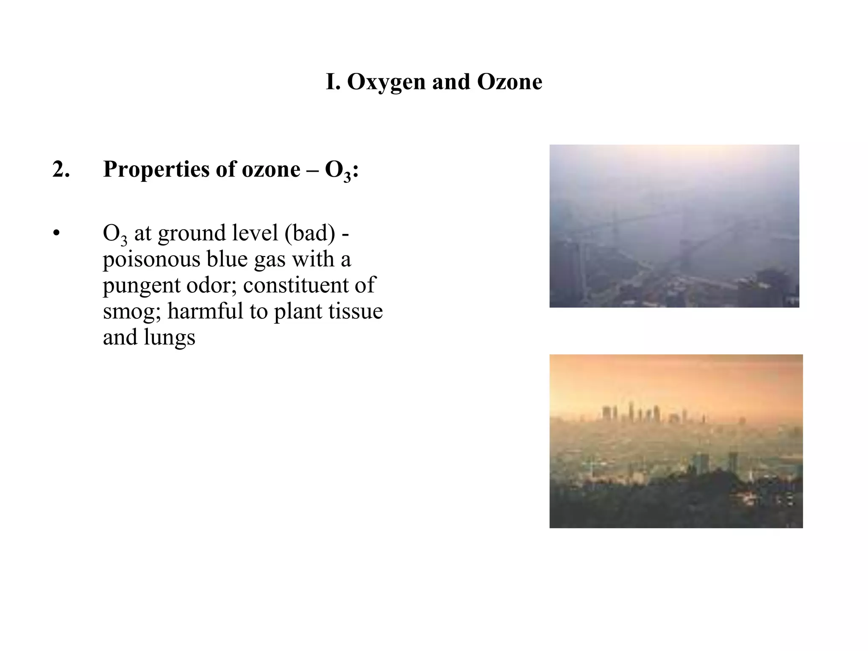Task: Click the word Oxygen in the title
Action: point(386,82)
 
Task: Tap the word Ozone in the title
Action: point(509,82)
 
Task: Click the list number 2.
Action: point(61,170)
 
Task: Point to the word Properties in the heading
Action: point(156,170)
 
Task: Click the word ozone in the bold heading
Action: point(271,170)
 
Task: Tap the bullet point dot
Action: point(56,234)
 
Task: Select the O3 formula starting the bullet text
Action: point(115,234)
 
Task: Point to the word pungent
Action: point(141,286)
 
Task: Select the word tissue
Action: point(357,311)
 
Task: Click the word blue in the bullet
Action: point(227,259)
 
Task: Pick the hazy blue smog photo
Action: point(674,226)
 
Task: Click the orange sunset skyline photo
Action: point(676,441)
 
